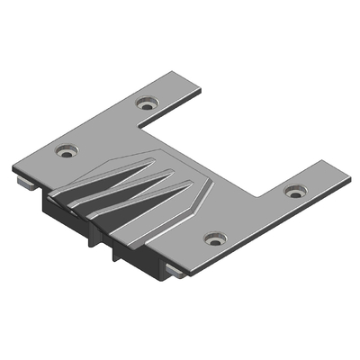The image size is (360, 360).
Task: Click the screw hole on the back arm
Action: click(x=146, y=103)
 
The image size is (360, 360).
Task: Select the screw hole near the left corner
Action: click(x=64, y=150)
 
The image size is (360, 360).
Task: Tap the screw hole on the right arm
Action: click(x=294, y=191)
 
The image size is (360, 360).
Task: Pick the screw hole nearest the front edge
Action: click(x=213, y=238)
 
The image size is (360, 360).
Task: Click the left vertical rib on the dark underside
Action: click(x=91, y=238)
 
